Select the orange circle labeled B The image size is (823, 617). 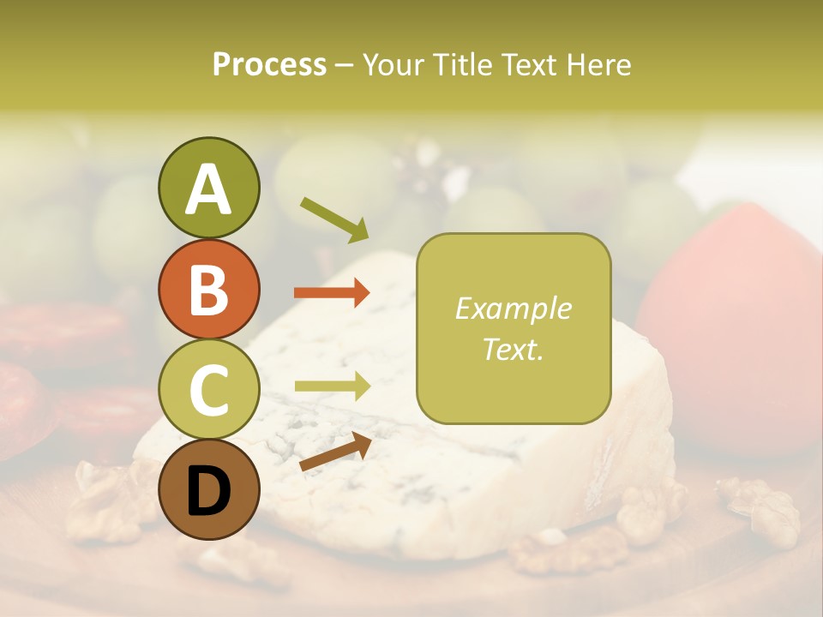208,289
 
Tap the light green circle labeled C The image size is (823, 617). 208,389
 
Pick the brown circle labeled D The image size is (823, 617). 208,489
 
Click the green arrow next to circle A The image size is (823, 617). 333,219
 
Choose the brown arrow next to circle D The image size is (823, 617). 334,451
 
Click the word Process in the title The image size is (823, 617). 269,65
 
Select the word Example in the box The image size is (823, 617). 513,308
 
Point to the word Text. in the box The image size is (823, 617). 513,350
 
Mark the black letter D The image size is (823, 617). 208,491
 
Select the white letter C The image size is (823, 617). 208,391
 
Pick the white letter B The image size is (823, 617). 208,291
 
